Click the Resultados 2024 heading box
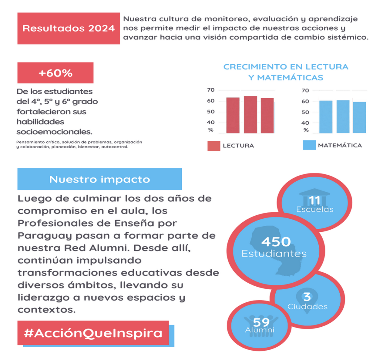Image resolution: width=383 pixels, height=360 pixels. click(x=69, y=28)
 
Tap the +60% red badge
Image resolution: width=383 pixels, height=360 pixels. click(x=55, y=73)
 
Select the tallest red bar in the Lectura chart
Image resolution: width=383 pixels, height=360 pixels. click(x=250, y=114)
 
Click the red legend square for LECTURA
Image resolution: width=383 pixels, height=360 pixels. click(x=214, y=145)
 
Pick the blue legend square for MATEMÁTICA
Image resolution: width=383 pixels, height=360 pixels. click(x=309, y=145)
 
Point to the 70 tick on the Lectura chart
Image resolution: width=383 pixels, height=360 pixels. click(x=211, y=90)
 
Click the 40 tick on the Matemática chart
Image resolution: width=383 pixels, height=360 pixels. click(x=306, y=123)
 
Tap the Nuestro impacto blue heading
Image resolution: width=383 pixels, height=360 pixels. click(x=99, y=179)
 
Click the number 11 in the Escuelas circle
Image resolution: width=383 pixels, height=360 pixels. click(x=315, y=201)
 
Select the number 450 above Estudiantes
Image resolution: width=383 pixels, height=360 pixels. click(x=276, y=241)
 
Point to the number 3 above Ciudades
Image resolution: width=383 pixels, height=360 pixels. click(x=307, y=297)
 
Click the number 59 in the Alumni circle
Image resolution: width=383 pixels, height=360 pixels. click(x=261, y=322)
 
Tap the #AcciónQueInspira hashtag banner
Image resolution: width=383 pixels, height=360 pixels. click(x=93, y=333)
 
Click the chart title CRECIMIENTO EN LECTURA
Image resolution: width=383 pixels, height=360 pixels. click(x=286, y=67)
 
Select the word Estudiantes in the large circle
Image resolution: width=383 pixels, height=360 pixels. click(x=274, y=254)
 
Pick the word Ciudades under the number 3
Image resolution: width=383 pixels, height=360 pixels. click(x=307, y=307)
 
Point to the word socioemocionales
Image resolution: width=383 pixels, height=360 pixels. click(x=54, y=132)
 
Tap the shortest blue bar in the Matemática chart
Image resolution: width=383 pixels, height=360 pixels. click(x=359, y=117)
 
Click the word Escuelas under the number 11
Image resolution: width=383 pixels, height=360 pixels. click(x=315, y=209)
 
